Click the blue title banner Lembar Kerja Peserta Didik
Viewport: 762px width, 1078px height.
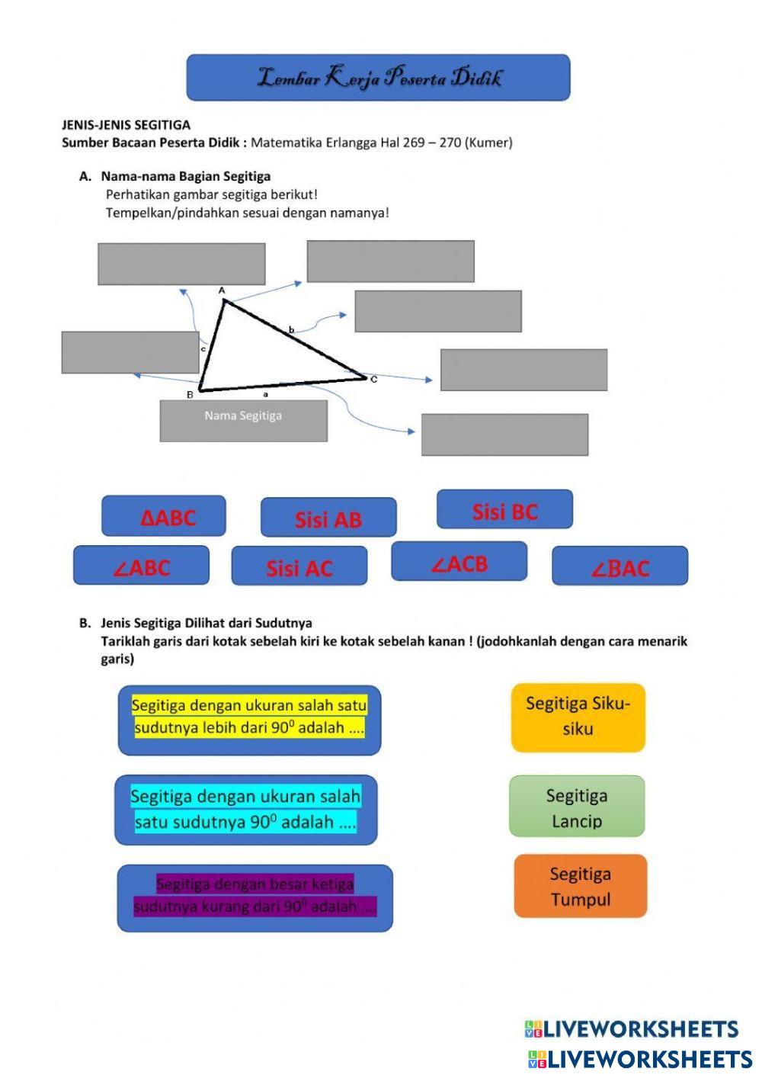378,77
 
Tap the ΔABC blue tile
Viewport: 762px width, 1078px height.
164,516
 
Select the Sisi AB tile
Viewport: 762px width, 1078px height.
328,518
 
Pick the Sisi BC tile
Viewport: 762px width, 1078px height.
504,510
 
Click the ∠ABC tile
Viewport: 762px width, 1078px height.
141,566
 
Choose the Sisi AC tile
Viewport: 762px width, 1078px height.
299,566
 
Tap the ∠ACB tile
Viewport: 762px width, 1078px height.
459,562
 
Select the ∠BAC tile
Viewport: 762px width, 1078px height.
620,566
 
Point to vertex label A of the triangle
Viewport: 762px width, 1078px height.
222,290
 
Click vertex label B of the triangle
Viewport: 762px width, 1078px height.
190,395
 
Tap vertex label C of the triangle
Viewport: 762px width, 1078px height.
373,379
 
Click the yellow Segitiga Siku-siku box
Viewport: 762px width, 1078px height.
578,717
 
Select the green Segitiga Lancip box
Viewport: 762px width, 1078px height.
577,807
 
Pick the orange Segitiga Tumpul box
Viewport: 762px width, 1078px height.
580,886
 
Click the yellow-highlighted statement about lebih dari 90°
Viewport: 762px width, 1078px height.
249,717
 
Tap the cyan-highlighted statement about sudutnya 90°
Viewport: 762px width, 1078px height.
245,810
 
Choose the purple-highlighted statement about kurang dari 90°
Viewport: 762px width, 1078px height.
255,897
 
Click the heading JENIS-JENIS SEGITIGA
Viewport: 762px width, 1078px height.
126,125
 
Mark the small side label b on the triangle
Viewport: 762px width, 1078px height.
291,330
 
